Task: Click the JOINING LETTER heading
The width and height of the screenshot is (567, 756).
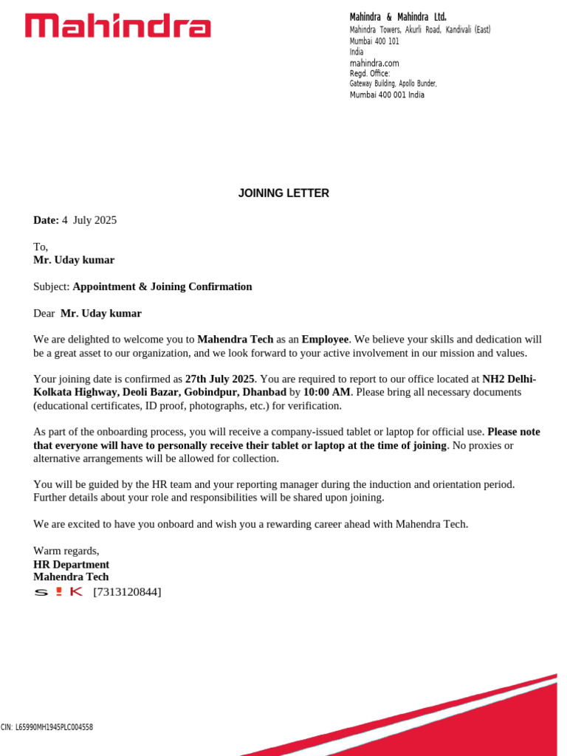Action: [x=283, y=193]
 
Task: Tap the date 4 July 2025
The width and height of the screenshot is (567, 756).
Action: [x=89, y=220]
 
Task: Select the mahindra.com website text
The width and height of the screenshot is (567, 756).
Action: [x=374, y=63]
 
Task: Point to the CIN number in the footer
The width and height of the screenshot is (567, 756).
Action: [x=47, y=727]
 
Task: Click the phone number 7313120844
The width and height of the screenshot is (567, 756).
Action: [x=127, y=592]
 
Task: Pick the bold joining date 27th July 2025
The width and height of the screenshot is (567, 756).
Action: [x=220, y=379]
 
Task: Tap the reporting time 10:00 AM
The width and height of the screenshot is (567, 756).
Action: [x=327, y=392]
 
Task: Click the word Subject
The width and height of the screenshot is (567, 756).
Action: [x=51, y=286]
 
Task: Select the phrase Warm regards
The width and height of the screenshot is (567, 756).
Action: [x=66, y=551]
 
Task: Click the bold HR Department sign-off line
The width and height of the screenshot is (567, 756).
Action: [x=71, y=564]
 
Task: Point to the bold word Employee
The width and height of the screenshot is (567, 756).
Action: [x=325, y=340]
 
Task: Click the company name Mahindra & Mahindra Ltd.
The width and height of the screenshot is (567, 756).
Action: [x=397, y=17]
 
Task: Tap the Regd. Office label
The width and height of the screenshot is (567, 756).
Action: [x=369, y=74]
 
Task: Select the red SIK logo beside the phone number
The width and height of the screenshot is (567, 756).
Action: [x=58, y=592]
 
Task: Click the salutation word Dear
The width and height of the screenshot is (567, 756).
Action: [x=44, y=313]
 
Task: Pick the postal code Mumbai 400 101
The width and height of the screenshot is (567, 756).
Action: [x=374, y=41]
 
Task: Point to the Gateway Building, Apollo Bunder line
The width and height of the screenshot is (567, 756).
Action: [x=393, y=84]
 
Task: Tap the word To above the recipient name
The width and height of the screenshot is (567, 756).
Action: [x=40, y=247]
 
